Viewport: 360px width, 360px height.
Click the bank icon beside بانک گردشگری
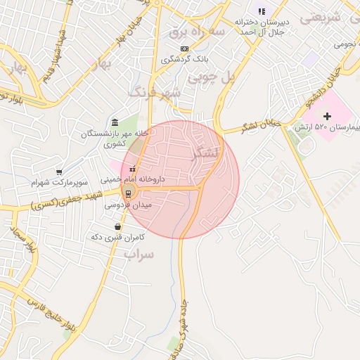point(185,49)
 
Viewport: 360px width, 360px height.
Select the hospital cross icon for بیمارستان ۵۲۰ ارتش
point(326,115)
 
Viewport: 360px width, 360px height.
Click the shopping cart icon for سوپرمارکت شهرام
point(60,172)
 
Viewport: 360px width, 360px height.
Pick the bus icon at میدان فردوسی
point(128,193)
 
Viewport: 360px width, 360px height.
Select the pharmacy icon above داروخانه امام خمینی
point(131,168)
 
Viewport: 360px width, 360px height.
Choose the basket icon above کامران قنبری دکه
point(117,226)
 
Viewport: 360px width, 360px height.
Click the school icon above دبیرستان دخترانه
point(262,11)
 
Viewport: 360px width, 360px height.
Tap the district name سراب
point(138,253)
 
